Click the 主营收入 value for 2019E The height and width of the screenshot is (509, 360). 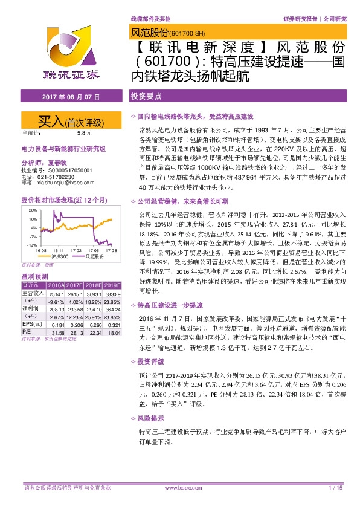point(112,293)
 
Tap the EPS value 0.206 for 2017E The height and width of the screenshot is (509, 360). point(76,324)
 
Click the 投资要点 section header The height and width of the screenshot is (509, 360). point(146,97)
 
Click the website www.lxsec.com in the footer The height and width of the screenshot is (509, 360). point(180,487)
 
